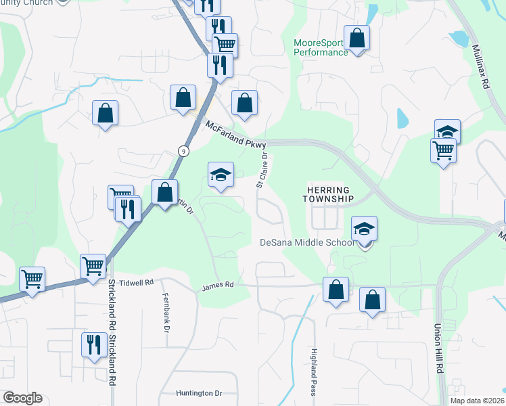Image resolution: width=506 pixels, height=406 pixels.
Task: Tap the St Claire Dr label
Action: click(x=262, y=170)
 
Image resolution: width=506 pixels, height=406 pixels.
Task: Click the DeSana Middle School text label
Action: click(x=306, y=243)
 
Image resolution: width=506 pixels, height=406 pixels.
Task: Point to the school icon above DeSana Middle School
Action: click(x=364, y=229)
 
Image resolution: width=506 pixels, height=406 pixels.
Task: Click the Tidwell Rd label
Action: click(x=137, y=281)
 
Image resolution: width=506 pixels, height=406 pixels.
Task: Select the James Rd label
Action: click(x=217, y=286)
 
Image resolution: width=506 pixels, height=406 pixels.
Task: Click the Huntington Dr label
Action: click(x=199, y=393)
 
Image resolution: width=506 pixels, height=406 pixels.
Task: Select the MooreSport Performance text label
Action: click(x=321, y=47)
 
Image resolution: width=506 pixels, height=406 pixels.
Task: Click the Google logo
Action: click(x=22, y=398)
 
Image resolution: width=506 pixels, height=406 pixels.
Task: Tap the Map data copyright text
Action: click(x=477, y=401)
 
